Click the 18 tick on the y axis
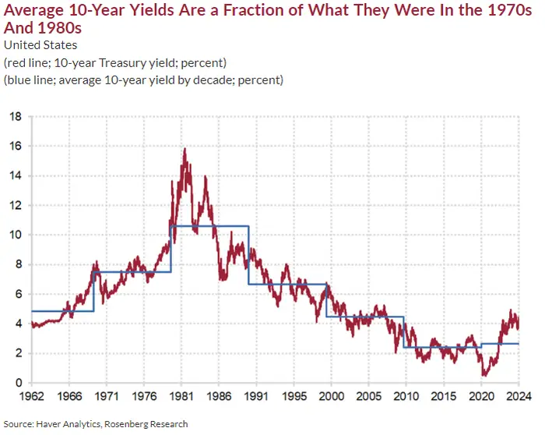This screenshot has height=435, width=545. point(16,116)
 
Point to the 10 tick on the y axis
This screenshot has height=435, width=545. point(16,235)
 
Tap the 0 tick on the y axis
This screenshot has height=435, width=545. point(18,383)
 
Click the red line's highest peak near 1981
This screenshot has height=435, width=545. point(185,148)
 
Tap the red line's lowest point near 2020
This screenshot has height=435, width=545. point(485,375)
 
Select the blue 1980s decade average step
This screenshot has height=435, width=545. point(209,226)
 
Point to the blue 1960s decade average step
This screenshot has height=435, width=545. point(62,311)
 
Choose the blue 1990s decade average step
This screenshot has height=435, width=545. point(287,284)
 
